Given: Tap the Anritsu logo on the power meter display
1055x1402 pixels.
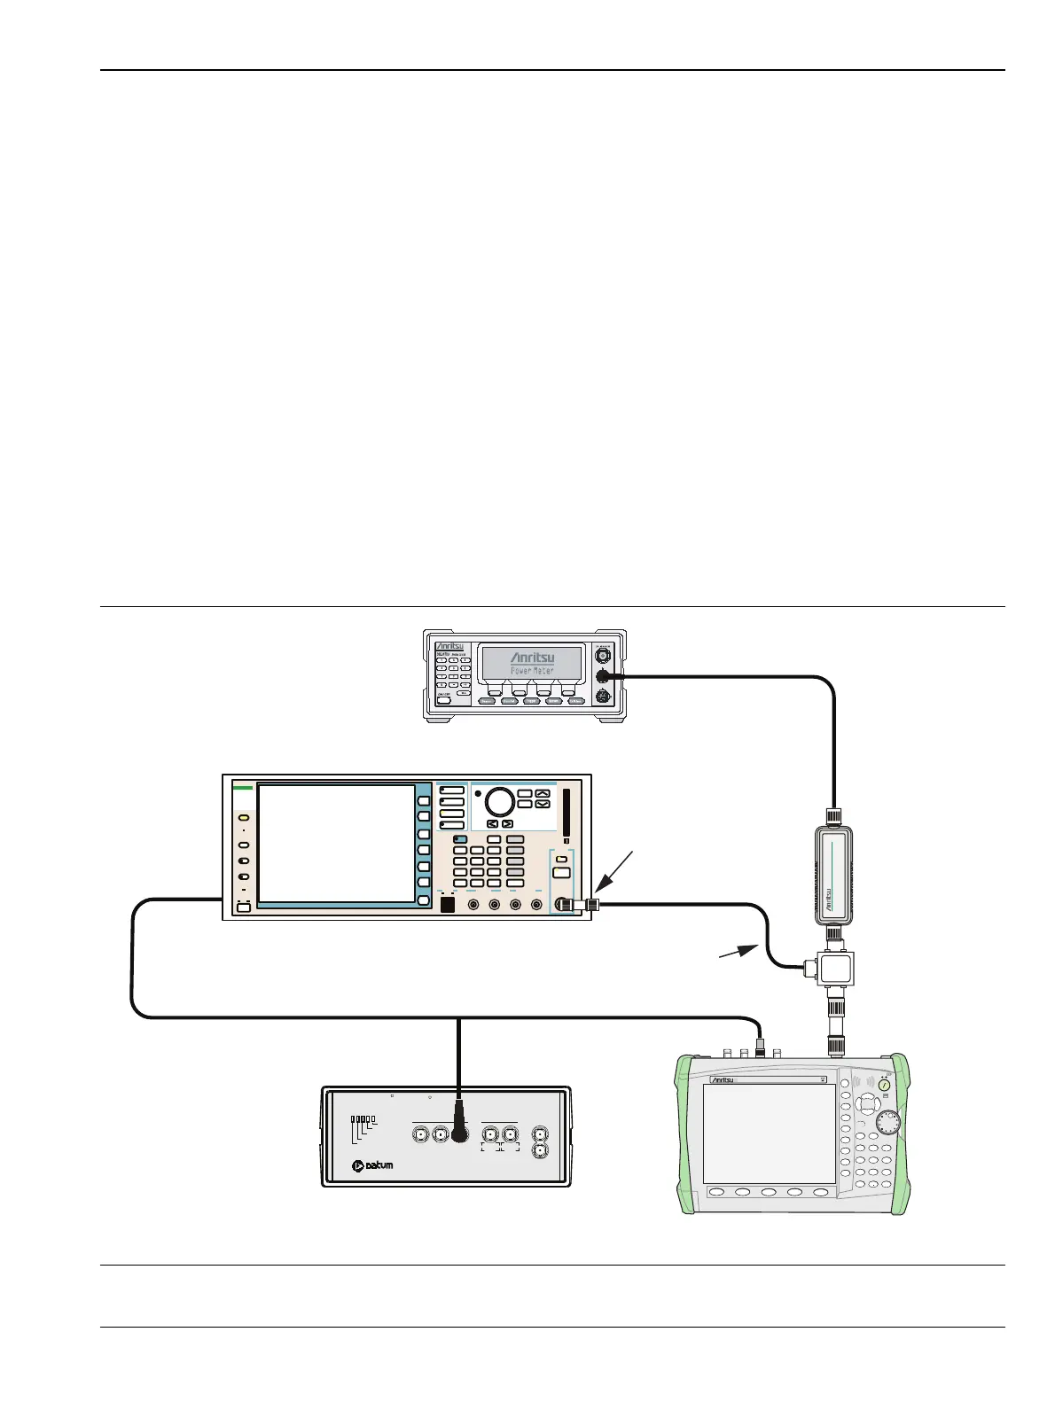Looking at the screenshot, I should tap(531, 658).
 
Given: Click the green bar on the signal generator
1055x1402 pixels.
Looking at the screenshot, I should tap(243, 787).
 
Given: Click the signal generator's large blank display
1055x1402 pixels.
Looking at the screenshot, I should tap(336, 843).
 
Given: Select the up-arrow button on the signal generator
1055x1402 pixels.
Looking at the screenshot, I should tap(543, 794).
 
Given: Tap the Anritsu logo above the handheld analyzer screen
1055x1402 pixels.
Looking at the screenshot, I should tap(729, 1079).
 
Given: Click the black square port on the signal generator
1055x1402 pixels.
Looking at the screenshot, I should tap(447, 905).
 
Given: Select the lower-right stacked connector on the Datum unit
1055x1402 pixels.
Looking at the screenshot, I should tap(539, 1150).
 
